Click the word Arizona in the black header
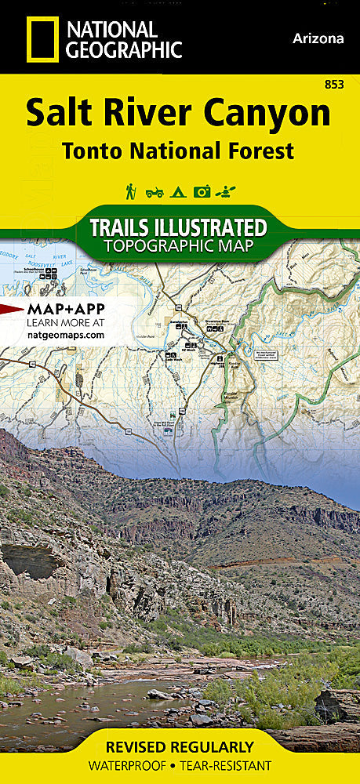point(318,38)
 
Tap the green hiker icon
point(130,191)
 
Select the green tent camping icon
point(178,191)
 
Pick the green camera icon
point(202,191)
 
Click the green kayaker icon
point(227,191)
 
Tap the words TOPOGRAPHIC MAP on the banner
point(180,245)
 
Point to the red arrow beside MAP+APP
point(12,308)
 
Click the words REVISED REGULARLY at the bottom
point(180,746)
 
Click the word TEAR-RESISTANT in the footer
point(225,764)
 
